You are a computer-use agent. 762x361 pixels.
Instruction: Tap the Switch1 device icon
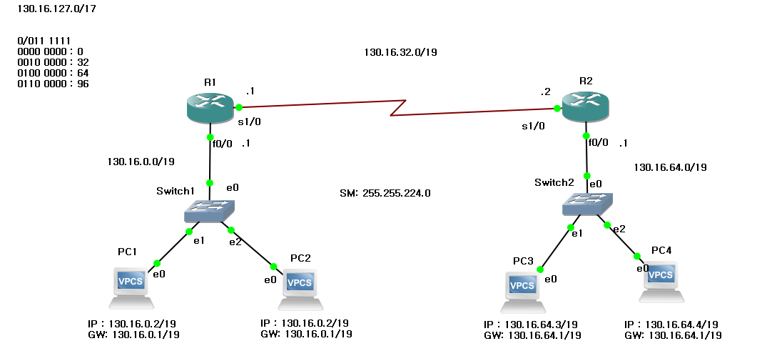coord(209,210)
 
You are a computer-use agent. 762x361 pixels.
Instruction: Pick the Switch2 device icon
coord(586,204)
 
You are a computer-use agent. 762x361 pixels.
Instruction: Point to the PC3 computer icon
coord(522,290)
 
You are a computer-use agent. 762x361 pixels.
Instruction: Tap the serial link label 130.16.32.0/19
coord(400,52)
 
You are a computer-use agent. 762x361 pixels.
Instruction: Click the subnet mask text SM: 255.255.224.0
coord(385,193)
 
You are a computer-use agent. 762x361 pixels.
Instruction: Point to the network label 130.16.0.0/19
coord(141,162)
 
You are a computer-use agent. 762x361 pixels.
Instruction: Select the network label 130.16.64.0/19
coord(670,167)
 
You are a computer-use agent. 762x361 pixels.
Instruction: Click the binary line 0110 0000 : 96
coord(53,84)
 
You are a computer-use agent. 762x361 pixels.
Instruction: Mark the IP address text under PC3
coord(532,325)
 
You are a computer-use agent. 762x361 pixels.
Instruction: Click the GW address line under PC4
coord(673,335)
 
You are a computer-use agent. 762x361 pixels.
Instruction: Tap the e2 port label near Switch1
coord(235,242)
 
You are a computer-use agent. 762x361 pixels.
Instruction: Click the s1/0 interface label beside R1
coord(249,122)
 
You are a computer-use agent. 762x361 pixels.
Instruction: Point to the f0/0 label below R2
coord(598,142)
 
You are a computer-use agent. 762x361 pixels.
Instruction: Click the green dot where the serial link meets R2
coord(557,109)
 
